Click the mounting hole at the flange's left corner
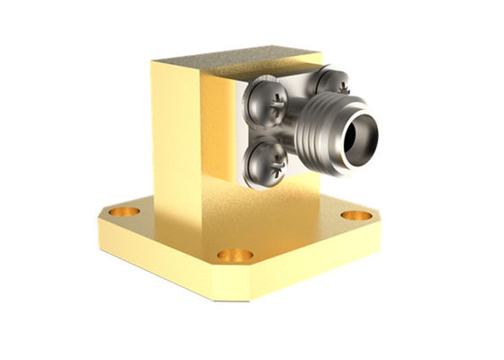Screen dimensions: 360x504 (x=124, y=212)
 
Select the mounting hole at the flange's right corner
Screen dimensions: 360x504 (x=356, y=216)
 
